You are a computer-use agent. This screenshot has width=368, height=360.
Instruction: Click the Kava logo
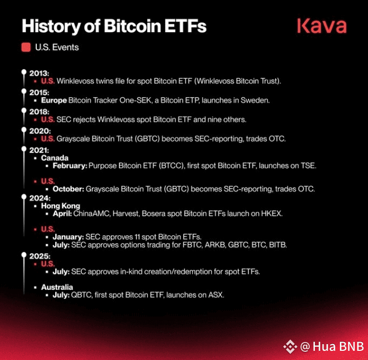322,26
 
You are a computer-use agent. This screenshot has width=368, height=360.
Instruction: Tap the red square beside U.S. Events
26,47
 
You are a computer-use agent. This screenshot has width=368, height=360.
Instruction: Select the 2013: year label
39,73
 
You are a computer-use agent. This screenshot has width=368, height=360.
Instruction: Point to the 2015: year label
39,93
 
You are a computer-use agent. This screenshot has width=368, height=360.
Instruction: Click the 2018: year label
39,112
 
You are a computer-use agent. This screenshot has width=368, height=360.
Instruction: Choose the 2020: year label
40,131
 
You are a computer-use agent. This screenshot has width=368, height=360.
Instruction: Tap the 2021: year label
39,150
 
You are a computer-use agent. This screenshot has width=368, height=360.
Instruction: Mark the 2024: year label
40,198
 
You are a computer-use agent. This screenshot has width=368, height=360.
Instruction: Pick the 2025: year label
40,256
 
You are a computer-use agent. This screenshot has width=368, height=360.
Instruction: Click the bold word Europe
54,101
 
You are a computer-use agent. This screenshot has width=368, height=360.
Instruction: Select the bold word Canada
55,158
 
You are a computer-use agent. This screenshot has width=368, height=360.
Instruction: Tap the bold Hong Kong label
60,206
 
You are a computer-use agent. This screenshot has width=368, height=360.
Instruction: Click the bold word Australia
57,287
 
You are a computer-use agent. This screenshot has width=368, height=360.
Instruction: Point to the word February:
70,166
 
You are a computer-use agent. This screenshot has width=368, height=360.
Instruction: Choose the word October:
68,189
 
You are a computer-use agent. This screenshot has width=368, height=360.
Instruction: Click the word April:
62,214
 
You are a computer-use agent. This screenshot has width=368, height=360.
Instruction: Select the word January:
68,237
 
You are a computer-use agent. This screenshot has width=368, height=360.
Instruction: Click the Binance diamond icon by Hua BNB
290,346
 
